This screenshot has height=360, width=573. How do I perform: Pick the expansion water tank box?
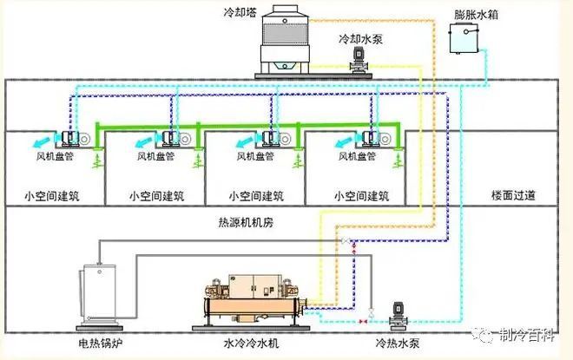coord(465,39)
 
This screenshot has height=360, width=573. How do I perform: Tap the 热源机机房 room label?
coord(246,221)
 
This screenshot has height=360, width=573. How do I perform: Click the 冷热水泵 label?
coord(395,344)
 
